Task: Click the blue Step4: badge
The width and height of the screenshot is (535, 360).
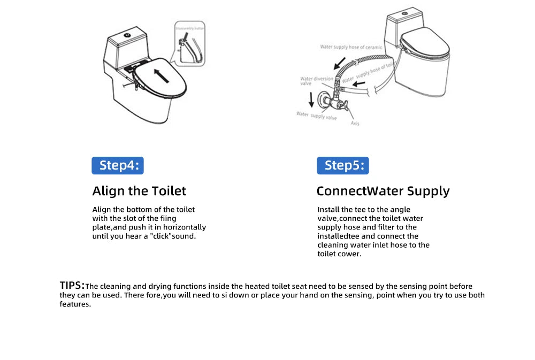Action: pyautogui.click(x=118, y=165)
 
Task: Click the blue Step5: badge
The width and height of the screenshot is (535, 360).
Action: pyautogui.click(x=342, y=165)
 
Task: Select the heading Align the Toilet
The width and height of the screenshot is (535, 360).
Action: pyautogui.click(x=139, y=191)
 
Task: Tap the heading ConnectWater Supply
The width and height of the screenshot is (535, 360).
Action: pyautogui.click(x=383, y=191)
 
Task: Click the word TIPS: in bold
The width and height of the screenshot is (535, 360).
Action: pyautogui.click(x=72, y=285)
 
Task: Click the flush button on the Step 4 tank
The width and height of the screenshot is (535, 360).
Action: pyautogui.click(x=128, y=36)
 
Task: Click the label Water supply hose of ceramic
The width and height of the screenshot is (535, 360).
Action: pyautogui.click(x=351, y=47)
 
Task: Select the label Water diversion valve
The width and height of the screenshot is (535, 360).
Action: pyautogui.click(x=317, y=81)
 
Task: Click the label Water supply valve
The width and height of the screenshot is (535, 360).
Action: pyautogui.click(x=316, y=115)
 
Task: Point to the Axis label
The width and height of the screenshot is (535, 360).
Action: pyautogui.click(x=355, y=124)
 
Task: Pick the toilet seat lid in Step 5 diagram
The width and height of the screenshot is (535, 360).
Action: pyautogui.click(x=425, y=43)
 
